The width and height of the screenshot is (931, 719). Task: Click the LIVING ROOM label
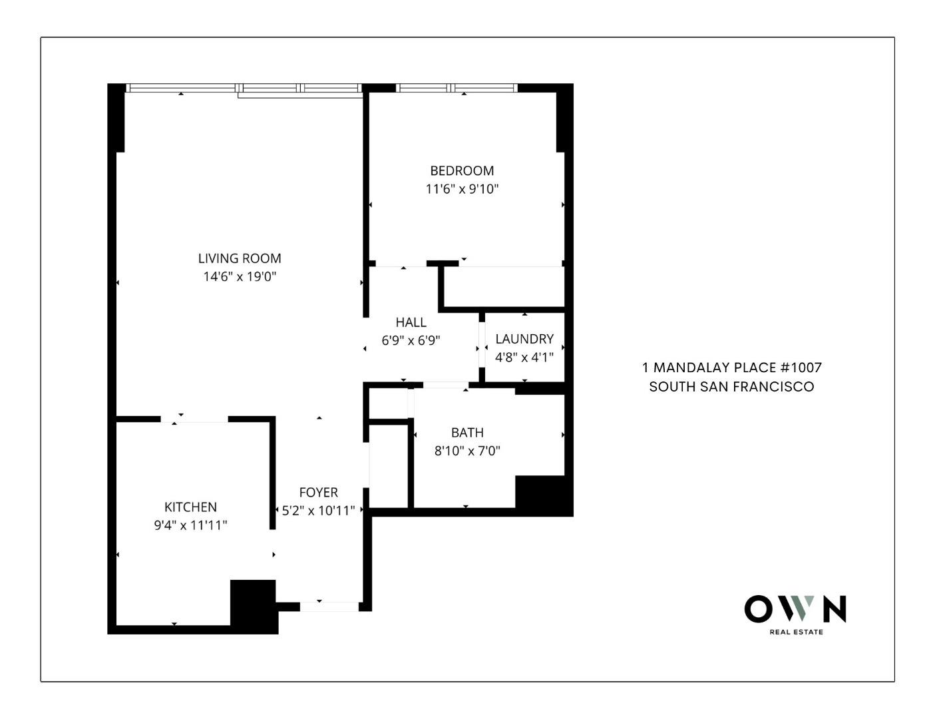pos(240,258)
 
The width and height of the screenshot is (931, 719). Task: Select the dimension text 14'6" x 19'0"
pos(240,276)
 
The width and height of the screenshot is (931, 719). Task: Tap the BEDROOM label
pos(462,170)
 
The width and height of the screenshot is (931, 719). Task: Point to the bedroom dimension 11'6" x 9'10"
pos(462,188)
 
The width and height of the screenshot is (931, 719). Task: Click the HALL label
pos(411,322)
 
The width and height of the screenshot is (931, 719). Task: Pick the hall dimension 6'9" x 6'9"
pos(411,340)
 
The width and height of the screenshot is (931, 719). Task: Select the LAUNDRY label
pos(524,339)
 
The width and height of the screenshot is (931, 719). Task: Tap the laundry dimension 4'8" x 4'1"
pos(524,357)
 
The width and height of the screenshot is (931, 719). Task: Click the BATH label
pos(467,432)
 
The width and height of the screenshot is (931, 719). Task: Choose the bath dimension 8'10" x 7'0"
pos(467,450)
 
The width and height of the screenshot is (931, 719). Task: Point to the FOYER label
pos(318,493)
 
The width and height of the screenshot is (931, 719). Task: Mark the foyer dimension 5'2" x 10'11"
pos(318,511)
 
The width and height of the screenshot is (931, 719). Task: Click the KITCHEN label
pos(190,507)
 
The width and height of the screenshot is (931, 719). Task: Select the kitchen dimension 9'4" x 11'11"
pos(190,525)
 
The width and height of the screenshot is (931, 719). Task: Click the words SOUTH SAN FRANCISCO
pos(731,387)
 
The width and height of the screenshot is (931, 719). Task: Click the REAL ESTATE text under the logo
pos(797,632)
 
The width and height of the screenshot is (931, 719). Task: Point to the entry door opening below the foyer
pos(329,606)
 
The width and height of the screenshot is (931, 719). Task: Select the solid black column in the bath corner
pos(543,494)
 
